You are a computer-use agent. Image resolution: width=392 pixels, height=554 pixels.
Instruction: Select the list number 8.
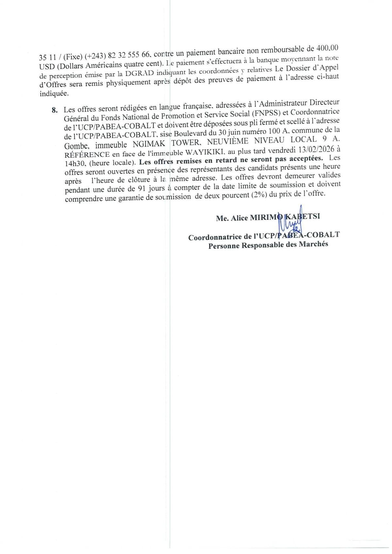click(54, 110)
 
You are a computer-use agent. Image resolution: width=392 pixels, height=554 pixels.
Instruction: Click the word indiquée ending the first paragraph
click(54, 93)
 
